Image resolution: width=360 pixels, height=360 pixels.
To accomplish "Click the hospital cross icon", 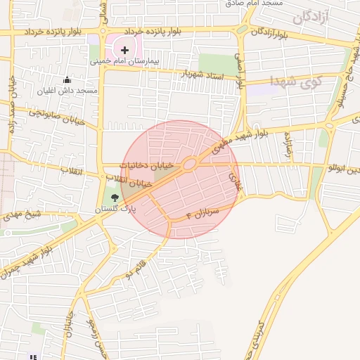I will point(125,49).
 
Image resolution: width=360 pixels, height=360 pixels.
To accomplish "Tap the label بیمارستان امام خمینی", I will point(125,62).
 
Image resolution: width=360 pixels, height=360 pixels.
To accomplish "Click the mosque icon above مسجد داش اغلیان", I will point(67,80).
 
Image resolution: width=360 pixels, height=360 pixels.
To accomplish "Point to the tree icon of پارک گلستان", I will point(115,198).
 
